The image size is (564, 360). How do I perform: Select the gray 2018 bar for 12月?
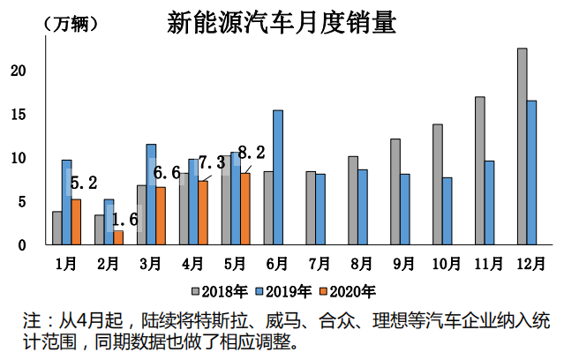click(523, 146)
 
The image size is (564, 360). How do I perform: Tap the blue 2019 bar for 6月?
click(278, 177)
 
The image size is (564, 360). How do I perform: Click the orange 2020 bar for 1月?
click(77, 222)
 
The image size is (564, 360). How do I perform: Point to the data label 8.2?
click(252, 151)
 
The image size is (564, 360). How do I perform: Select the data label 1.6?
click(125, 219)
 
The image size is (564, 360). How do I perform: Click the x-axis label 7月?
click(320, 262)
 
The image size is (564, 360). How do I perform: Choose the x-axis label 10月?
click(447, 262)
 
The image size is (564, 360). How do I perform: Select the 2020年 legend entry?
click(350, 290)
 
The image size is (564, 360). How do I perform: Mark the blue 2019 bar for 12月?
click(532, 173)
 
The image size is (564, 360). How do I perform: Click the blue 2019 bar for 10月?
click(447, 211)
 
